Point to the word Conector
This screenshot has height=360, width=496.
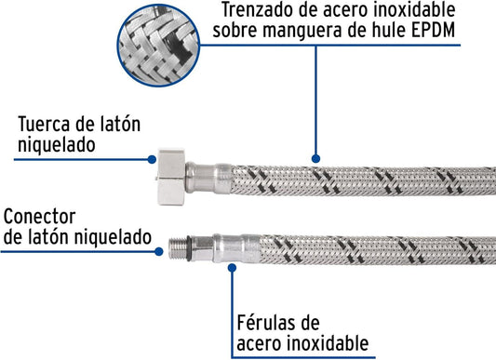pos(39,217)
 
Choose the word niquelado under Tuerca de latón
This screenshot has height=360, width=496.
pos(57,145)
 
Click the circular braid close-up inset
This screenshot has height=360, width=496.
pos(158,46)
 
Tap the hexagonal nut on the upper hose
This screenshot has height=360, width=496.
pos(171,177)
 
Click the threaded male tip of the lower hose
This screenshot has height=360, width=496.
pos(178,248)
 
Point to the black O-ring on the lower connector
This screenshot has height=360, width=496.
pos(189,248)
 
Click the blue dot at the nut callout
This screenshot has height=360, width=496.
pos(153,159)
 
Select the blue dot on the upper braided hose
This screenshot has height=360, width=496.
pos(315,159)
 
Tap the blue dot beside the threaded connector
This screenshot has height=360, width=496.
pos(159,252)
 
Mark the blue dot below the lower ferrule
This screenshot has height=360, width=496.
pos(233,268)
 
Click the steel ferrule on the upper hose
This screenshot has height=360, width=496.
pos(208,178)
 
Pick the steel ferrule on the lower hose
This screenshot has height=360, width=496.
pos(236,248)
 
